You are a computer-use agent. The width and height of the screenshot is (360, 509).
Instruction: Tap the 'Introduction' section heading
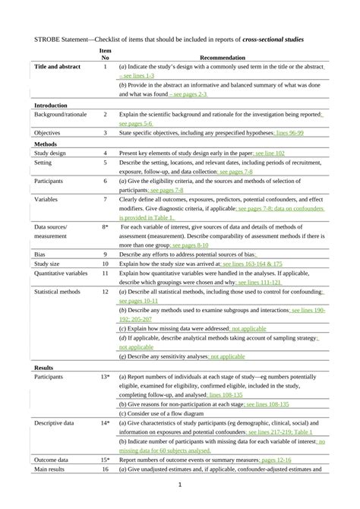coord(52,104)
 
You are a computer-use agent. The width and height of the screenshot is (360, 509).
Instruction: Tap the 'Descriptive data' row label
coord(57,421)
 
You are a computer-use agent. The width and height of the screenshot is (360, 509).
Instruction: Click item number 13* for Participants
coord(106,376)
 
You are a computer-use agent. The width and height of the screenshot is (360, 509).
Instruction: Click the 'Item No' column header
coord(106,53)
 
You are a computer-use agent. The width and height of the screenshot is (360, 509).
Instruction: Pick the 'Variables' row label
coord(48,199)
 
